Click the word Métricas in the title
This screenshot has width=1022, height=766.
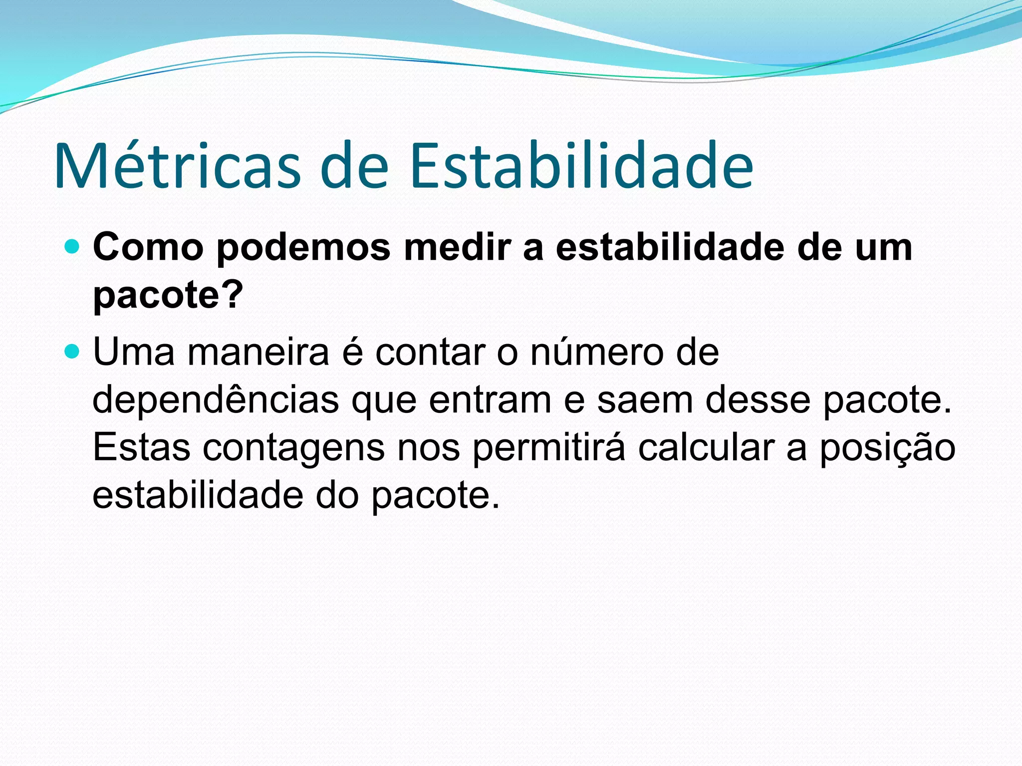click(178, 166)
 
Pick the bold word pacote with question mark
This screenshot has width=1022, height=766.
click(168, 296)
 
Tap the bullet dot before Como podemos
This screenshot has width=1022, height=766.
click(72, 246)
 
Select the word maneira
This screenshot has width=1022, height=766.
click(258, 353)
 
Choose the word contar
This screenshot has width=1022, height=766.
click(431, 353)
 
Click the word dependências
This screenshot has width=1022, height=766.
click(215, 401)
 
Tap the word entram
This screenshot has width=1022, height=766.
click(490, 401)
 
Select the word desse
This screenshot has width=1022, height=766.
click(758, 401)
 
